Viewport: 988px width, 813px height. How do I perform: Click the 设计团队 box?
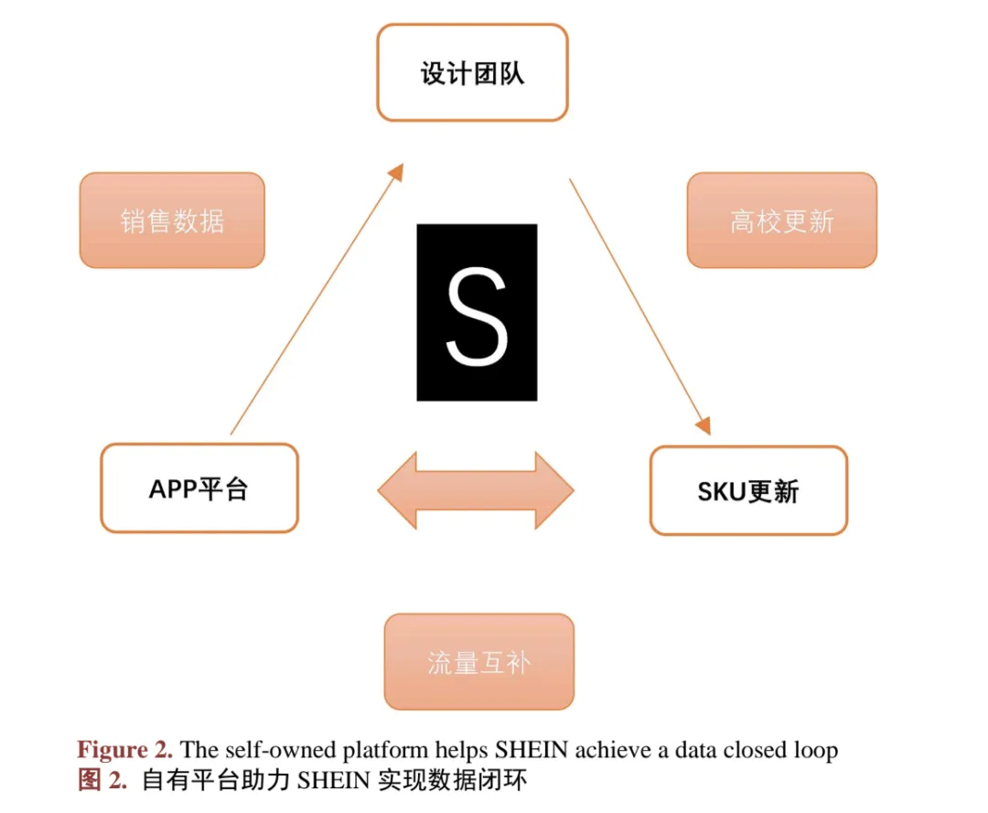point(473,72)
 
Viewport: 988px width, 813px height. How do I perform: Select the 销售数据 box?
point(172,220)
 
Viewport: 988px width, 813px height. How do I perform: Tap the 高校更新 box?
point(782,220)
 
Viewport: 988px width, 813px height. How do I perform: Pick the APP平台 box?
point(199,488)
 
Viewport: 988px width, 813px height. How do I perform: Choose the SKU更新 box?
point(748,490)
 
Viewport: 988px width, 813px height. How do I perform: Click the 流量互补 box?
point(478,662)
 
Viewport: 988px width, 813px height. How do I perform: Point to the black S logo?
point(477,313)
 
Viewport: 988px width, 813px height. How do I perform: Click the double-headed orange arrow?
point(476,490)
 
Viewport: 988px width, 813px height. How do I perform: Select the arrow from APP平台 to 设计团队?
point(317,299)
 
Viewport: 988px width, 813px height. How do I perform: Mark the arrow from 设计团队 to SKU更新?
point(640,306)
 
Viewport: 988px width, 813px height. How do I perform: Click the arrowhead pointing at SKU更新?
point(703,426)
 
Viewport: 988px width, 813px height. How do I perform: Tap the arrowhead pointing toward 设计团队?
point(395,172)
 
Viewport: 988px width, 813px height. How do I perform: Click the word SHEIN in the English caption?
point(532,750)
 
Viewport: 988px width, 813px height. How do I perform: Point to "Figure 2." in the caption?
point(124,750)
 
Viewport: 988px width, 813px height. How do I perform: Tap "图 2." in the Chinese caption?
point(102,780)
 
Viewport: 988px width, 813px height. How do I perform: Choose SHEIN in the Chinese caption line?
point(334,781)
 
